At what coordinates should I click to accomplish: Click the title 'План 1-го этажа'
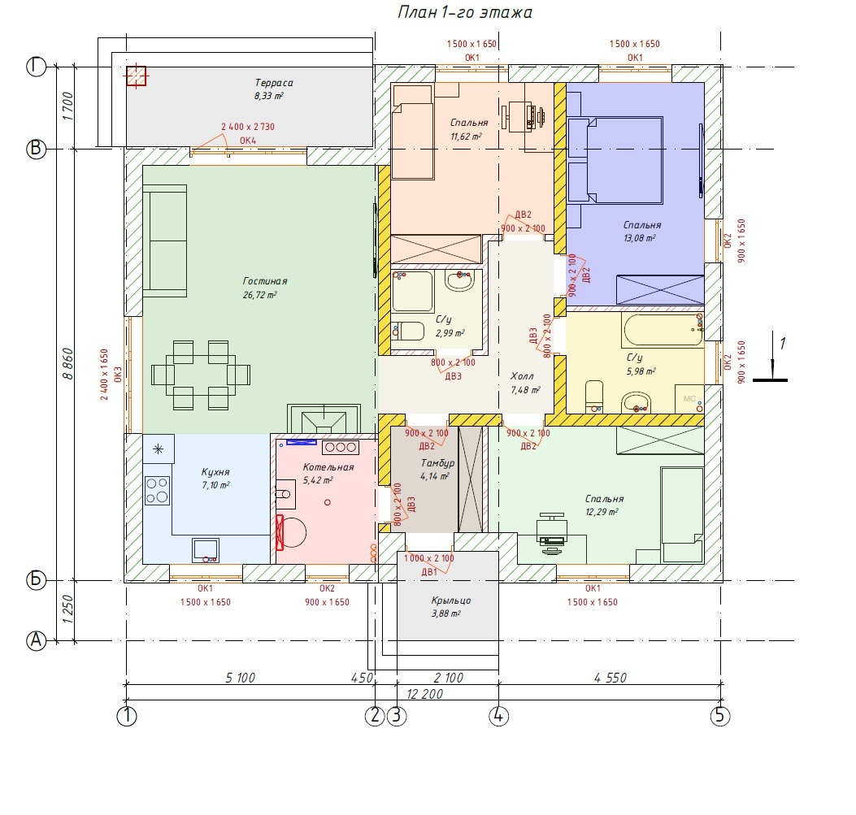[x=464, y=12]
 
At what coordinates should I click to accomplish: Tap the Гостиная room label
[x=265, y=281]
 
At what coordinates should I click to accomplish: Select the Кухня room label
[x=215, y=472]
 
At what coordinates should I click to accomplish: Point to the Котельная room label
[x=328, y=467]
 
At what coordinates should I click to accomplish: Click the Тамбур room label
[x=437, y=463]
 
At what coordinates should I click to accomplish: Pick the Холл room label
[x=522, y=376]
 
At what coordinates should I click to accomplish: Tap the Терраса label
[x=274, y=83]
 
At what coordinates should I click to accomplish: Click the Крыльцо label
[x=451, y=600]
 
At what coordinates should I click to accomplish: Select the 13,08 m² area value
[x=639, y=238]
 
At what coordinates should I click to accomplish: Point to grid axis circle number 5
[x=719, y=715]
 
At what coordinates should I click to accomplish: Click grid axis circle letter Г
[x=36, y=67]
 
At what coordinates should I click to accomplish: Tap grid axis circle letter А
[x=36, y=640]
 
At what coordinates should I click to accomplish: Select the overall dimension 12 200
[x=424, y=694]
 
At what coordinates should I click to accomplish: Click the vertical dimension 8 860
[x=67, y=364]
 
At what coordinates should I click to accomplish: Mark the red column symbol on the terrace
[x=136, y=76]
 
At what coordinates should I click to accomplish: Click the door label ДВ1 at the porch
[x=429, y=572]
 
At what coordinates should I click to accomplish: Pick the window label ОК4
[x=248, y=141]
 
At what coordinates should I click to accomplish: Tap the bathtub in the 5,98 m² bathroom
[x=663, y=329]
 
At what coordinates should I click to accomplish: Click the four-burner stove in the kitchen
[x=157, y=490]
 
